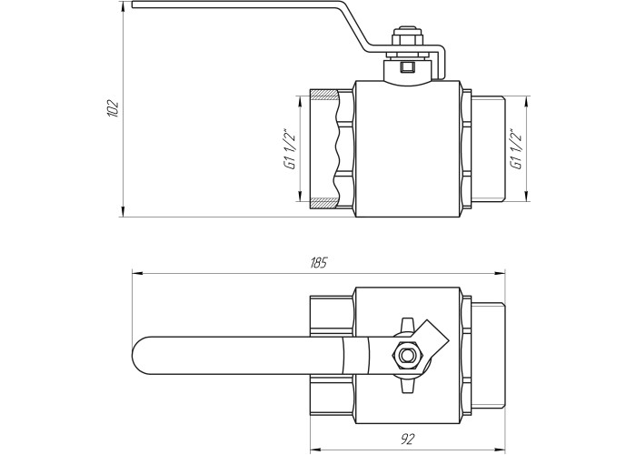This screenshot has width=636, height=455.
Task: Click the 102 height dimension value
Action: pos(112,108)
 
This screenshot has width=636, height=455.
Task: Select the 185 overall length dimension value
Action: pos(318,263)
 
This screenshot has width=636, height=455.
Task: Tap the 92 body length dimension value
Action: pos(409,439)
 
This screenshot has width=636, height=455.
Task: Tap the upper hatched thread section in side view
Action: pos(323,96)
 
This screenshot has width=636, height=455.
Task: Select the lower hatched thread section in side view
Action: pos(323,202)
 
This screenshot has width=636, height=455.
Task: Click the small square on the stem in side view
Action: pos(406,66)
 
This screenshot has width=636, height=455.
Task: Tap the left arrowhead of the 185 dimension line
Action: pos(138,273)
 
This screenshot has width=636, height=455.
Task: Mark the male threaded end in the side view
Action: pos(488,149)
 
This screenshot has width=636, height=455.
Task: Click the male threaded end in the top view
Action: pos(488,356)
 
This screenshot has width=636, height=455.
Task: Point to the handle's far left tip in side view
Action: pos(133,4)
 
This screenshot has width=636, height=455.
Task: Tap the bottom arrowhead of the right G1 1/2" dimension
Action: pos(526,197)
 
